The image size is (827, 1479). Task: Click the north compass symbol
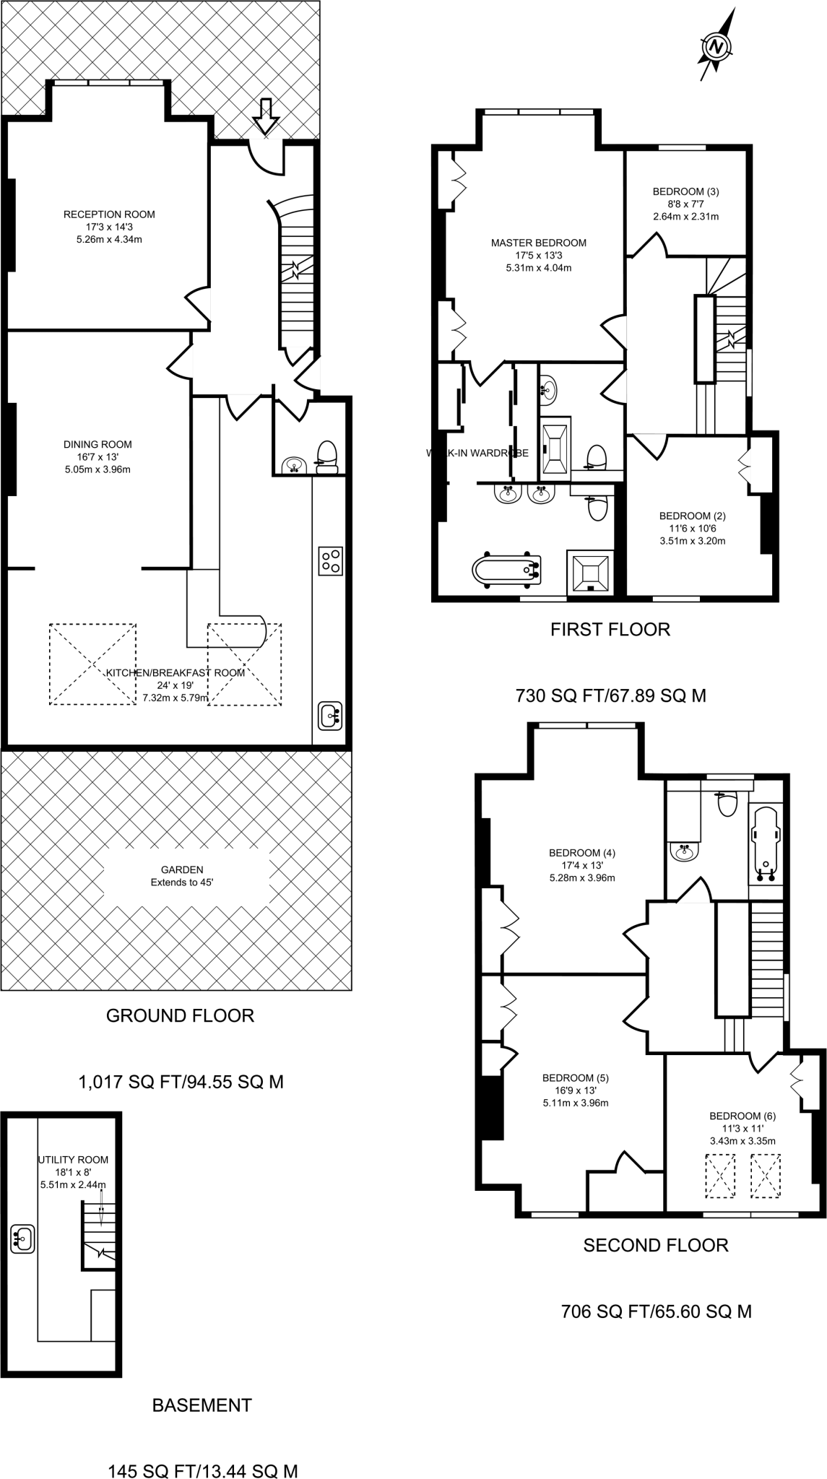[x=716, y=48]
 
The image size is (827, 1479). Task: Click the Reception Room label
[x=109, y=214]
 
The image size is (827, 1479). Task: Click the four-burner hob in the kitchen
[x=330, y=561]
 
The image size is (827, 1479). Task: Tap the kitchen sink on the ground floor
[x=330, y=716]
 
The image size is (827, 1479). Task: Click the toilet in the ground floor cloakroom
[x=327, y=458]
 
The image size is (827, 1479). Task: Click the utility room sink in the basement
[x=22, y=1239]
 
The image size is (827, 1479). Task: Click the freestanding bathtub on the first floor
[x=507, y=571]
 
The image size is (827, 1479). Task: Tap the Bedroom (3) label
[x=685, y=191]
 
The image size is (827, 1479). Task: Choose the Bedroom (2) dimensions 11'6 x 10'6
[x=692, y=528]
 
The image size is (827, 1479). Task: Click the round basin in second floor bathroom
[x=685, y=852]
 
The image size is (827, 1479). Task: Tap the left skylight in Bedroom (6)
[x=719, y=1176]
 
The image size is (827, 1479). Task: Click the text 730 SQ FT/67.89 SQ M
[x=610, y=695]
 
